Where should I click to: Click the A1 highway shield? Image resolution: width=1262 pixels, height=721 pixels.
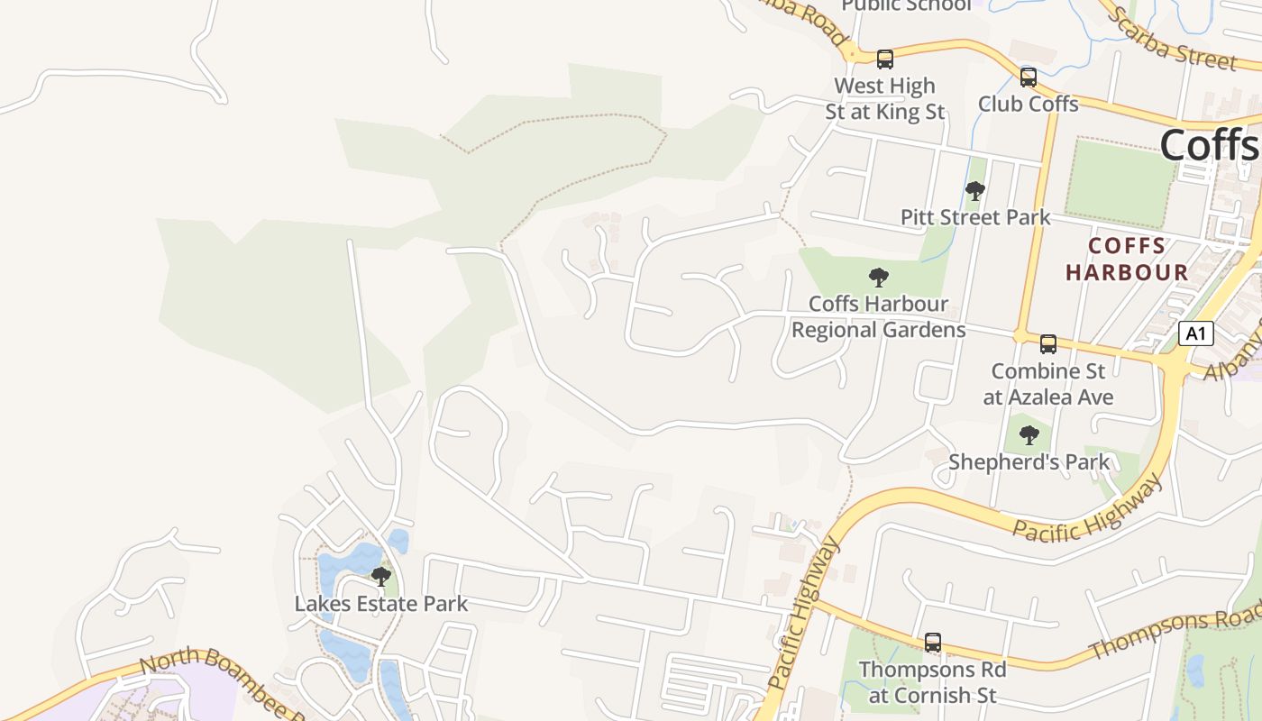1195,334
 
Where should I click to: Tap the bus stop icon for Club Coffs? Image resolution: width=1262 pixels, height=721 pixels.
1029,78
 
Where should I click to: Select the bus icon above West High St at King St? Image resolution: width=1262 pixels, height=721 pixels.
885,59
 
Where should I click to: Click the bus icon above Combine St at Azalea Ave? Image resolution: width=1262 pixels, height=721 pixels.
1047,343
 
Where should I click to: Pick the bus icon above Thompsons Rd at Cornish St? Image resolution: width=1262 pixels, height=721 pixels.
933,643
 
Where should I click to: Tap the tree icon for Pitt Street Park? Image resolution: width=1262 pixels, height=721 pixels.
974,191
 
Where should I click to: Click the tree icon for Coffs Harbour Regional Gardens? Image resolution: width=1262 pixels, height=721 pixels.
879,278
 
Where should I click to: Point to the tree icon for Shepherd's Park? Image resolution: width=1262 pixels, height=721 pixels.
1029,436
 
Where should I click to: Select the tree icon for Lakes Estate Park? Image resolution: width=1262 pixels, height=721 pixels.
381,577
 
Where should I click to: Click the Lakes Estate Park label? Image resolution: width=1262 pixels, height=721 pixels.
381,604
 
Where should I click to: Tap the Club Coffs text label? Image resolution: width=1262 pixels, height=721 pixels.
1029,104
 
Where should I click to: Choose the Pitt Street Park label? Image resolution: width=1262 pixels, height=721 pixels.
975,217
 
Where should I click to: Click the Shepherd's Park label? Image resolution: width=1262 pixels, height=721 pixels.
1029,462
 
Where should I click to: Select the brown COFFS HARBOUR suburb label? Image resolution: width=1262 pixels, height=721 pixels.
1127,259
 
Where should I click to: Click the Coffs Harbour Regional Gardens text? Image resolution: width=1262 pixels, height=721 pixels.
879,316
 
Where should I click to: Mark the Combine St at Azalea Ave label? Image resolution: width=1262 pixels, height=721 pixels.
1047,384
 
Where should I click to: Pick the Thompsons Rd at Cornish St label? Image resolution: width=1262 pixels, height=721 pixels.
932,682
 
